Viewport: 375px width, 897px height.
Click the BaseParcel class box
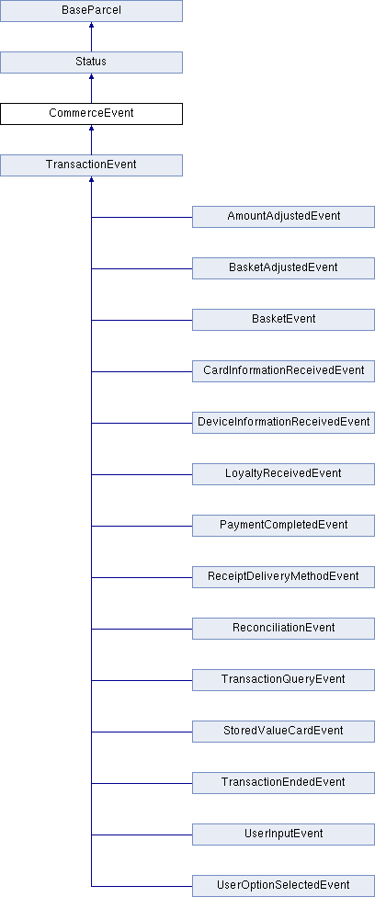pos(91,11)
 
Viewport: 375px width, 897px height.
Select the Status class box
pos(91,62)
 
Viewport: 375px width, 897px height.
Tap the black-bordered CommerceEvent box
pos(91,114)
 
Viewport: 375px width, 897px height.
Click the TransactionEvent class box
pos(91,165)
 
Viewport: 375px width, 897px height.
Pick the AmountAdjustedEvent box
pos(283,217)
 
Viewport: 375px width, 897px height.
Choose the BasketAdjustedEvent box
pos(283,268)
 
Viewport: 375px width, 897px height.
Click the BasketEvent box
pos(283,320)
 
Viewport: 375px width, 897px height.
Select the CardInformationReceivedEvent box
pos(283,371)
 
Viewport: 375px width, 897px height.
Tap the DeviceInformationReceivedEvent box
pos(283,423)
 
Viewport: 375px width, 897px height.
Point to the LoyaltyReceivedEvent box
pos(283,474)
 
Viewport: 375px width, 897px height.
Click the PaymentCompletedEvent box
pos(283,526)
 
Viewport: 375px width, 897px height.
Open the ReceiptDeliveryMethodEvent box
pos(283,577)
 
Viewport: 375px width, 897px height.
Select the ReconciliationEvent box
pos(283,629)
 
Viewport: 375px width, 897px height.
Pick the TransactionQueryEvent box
pos(283,680)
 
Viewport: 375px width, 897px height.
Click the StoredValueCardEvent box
pos(283,732)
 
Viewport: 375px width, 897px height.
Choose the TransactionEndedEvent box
pos(283,783)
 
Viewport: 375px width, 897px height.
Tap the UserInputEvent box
pos(283,835)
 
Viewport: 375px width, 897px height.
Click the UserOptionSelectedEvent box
pos(283,886)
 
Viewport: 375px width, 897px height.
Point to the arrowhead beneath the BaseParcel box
pos(91,25)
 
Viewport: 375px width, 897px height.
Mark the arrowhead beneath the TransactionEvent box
pos(91,179)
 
